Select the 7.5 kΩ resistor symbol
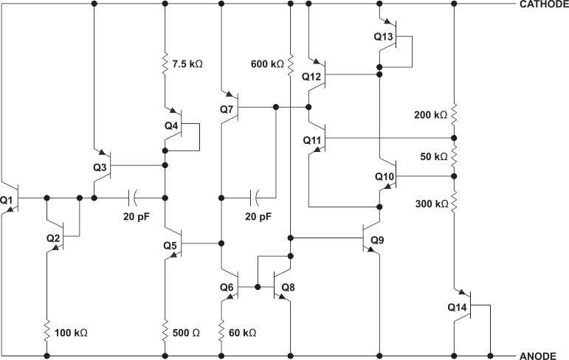coord(165,64)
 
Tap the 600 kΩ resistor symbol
coord(292,63)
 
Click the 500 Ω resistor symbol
coord(165,332)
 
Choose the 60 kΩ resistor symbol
coord(221,332)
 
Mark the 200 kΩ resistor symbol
coord(454,115)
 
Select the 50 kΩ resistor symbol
coord(454,157)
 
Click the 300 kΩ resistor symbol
coord(454,201)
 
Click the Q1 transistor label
coord(7,200)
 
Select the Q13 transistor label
coord(383,37)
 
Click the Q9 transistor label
coord(377,240)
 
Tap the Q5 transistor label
coord(171,245)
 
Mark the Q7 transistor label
coord(226,109)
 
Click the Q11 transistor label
coord(312,139)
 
